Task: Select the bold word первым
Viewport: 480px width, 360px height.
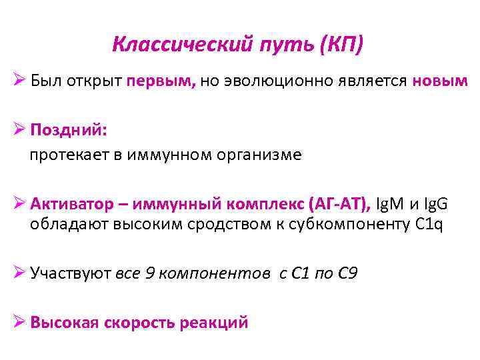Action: pyautogui.click(x=161, y=81)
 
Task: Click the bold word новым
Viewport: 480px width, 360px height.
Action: pyautogui.click(x=440, y=81)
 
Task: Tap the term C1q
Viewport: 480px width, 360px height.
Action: pyautogui.click(x=428, y=223)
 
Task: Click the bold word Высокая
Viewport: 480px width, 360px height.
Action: pyautogui.click(x=65, y=323)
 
